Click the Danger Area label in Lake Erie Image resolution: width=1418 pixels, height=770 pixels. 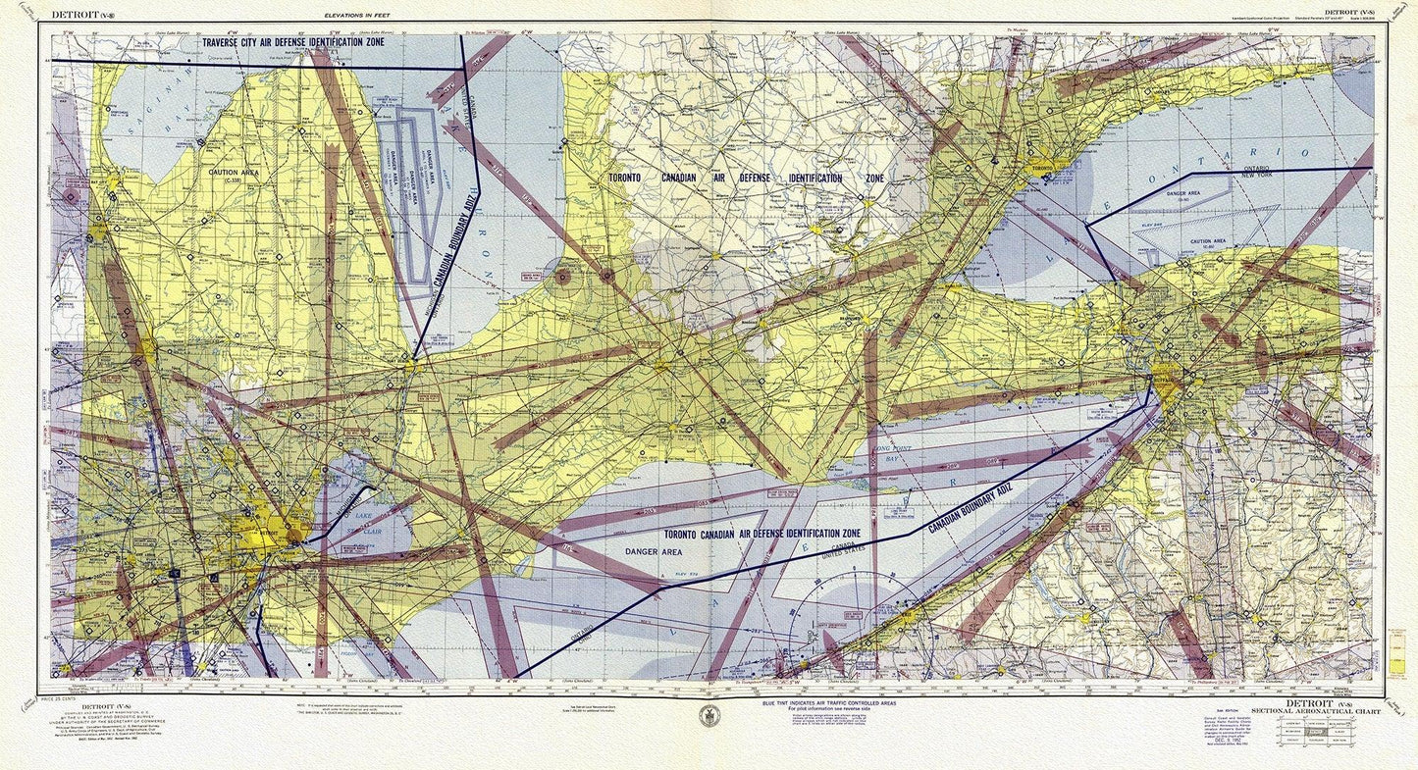click(x=653, y=552)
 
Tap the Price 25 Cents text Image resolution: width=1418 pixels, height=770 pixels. click(x=62, y=697)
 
